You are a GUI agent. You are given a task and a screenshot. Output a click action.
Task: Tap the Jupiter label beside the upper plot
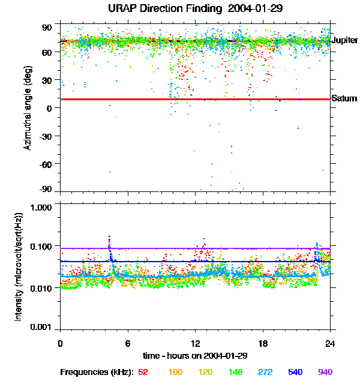coord(344,40)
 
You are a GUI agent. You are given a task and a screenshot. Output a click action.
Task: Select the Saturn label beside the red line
coord(344,98)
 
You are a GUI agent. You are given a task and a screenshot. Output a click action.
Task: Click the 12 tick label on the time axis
coord(195,343)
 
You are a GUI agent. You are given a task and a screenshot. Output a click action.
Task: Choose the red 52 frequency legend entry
coord(143,372)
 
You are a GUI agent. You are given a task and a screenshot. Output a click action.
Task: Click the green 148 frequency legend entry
coord(235,372)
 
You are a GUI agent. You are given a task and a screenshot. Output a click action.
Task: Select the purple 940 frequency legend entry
coord(325,372)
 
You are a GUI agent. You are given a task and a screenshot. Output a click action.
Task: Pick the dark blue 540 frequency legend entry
coord(295,372)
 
